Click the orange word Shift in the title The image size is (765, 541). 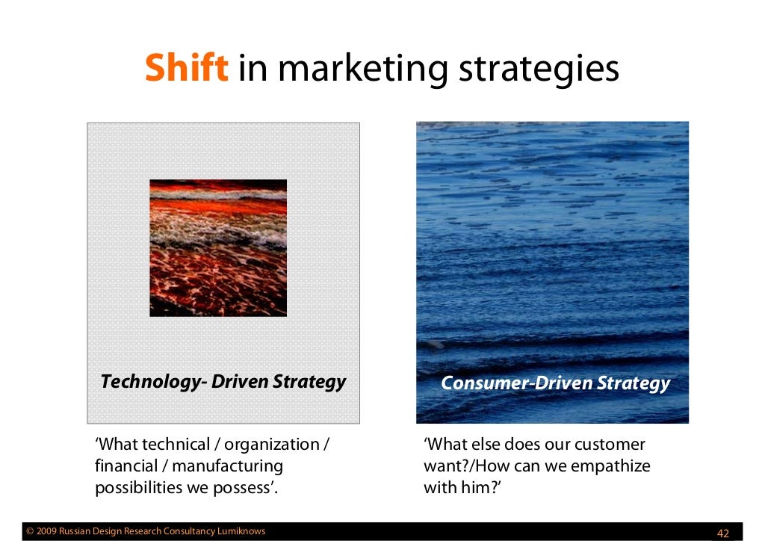186,69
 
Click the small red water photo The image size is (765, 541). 218,247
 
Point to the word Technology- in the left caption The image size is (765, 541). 153,382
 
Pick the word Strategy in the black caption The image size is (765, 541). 309,382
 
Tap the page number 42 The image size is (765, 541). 722,533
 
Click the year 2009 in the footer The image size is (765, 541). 46,532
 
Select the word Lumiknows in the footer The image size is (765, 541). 241,532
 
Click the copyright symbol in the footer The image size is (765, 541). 30,532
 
